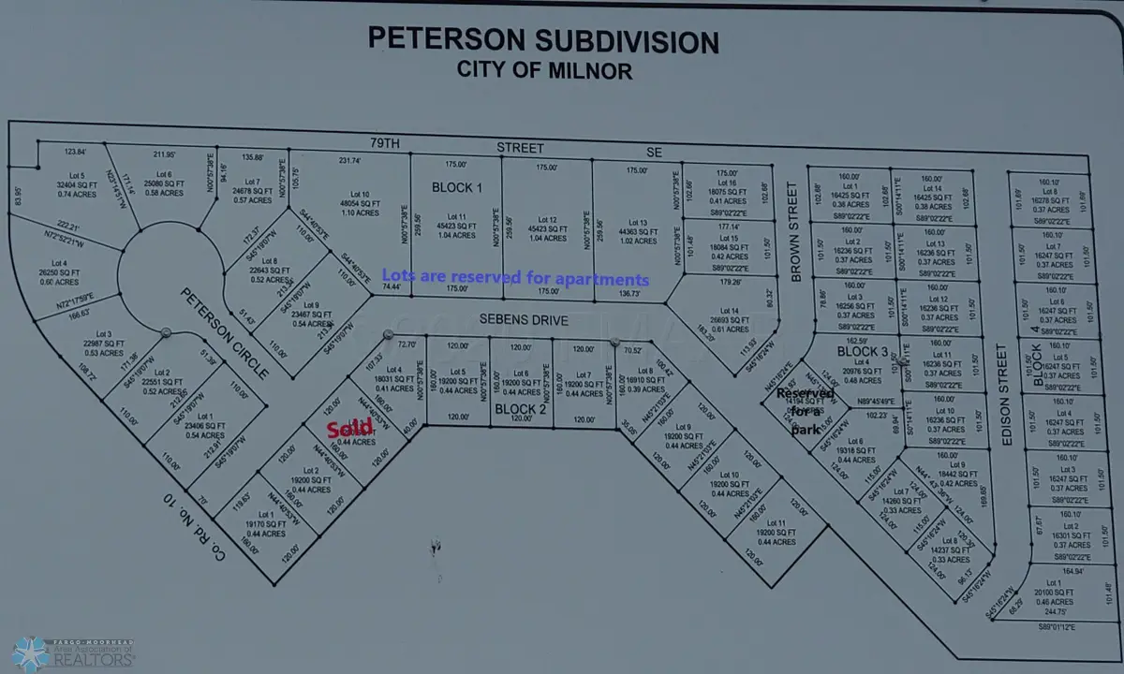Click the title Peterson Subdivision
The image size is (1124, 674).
click(543, 40)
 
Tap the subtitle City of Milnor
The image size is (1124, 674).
click(544, 69)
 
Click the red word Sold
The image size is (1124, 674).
click(343, 430)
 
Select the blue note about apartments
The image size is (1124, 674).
click(515, 278)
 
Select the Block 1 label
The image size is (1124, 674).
click(457, 187)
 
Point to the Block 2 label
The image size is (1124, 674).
click(520, 409)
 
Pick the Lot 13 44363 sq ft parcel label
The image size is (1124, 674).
click(636, 229)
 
